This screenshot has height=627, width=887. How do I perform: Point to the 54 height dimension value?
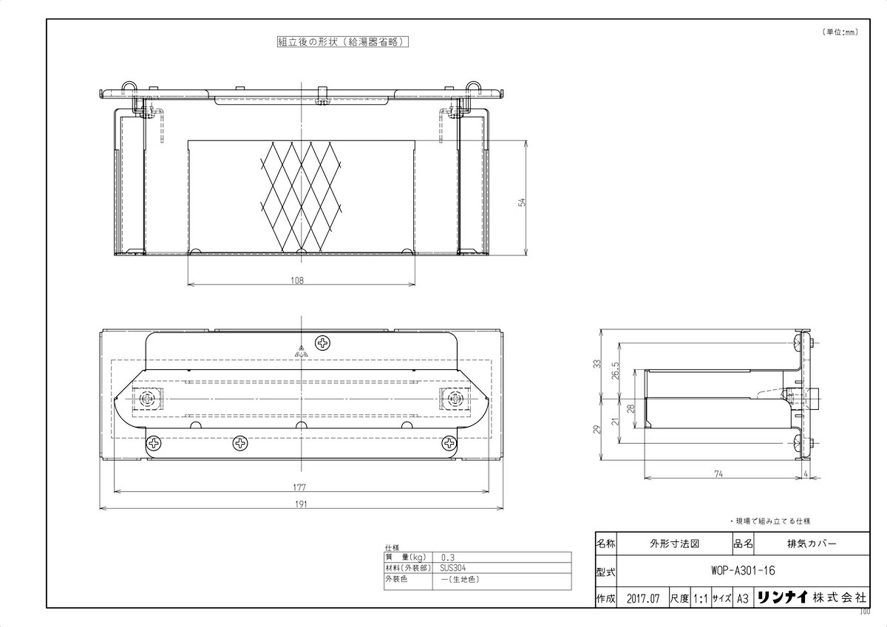521,202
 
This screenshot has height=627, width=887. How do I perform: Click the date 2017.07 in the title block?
640,598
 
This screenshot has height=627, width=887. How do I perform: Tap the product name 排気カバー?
812,543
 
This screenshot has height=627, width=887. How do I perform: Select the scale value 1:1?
700,598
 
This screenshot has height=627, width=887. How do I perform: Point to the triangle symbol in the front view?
301,352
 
